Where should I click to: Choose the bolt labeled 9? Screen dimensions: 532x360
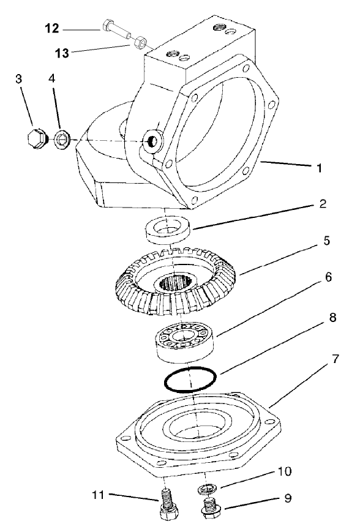[x=211, y=508]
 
